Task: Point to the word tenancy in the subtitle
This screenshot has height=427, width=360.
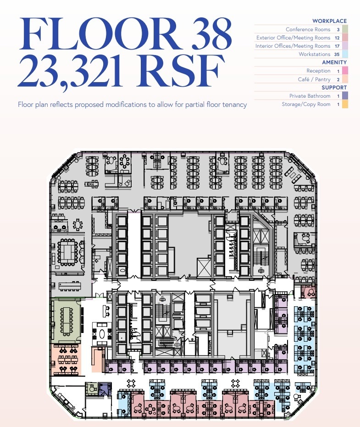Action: click(x=234, y=105)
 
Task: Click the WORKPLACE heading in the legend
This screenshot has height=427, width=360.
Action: click(x=329, y=21)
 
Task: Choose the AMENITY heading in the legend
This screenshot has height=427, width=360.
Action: click(x=334, y=62)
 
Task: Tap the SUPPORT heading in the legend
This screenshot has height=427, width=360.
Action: click(x=334, y=88)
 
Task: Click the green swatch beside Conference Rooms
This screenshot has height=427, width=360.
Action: click(x=344, y=29)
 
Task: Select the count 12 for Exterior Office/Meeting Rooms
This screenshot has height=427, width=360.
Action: click(x=337, y=38)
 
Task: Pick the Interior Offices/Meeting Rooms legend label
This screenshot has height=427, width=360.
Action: click(x=293, y=46)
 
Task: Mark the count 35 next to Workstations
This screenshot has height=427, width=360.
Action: click(x=337, y=54)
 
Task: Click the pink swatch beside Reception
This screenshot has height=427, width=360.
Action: click(x=344, y=71)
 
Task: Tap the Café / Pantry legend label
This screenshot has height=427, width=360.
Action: click(x=314, y=79)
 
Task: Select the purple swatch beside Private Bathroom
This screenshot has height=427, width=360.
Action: click(x=344, y=96)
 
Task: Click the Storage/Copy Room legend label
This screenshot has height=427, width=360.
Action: click(x=306, y=104)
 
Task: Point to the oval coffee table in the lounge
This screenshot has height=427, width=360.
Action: click(x=101, y=333)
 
